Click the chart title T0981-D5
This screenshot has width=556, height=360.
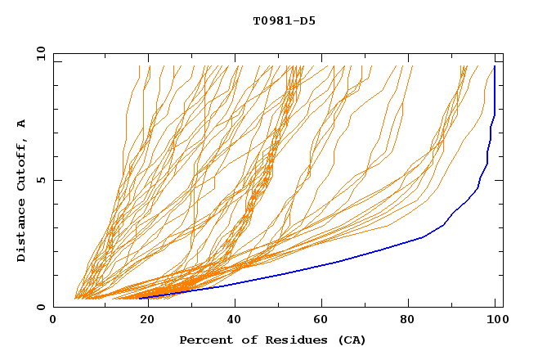pos(284,21)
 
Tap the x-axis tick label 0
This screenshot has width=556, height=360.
pos(53,321)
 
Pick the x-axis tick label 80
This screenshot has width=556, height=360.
pos(413,321)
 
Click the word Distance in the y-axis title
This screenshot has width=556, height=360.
pos(21,230)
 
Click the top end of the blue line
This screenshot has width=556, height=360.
pos(495,67)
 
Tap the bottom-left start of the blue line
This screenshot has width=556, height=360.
pos(139,298)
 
